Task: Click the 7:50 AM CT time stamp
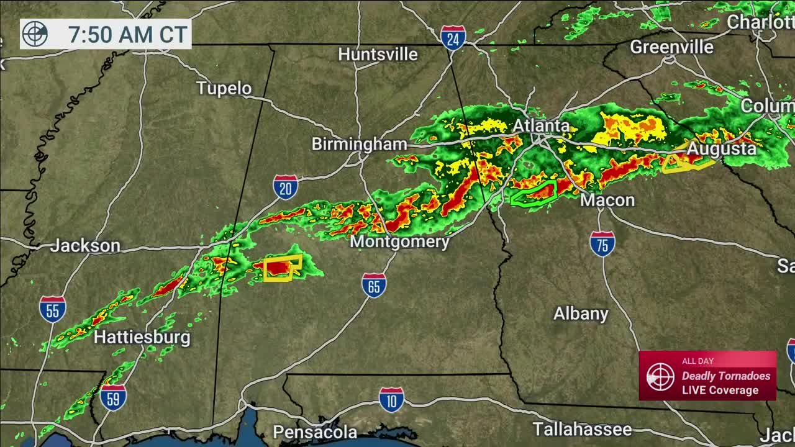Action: (127, 34)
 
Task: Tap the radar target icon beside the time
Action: (35, 34)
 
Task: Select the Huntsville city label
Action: (378, 54)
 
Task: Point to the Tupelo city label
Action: (224, 88)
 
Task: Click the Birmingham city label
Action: (359, 144)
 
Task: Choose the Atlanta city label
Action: (540, 125)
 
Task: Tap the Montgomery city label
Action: (399, 242)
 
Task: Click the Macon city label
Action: (607, 200)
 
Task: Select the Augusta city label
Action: (722, 149)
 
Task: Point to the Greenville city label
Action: (671, 47)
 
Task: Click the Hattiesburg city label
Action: (142, 337)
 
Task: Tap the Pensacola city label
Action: (315, 431)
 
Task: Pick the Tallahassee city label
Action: (582, 429)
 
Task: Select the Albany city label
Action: (581, 314)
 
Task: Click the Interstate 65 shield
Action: (374, 285)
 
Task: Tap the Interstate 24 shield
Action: (453, 37)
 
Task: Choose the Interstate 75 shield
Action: (602, 243)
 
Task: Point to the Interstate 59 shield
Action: (113, 397)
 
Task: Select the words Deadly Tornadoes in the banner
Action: (725, 376)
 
